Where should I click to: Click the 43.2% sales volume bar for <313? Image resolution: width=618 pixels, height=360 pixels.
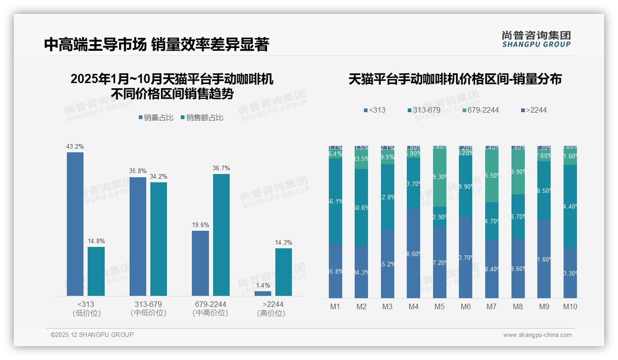[75, 224]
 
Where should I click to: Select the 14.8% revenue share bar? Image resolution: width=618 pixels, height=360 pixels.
[96, 271]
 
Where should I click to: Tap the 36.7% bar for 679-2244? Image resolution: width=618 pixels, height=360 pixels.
[221, 234]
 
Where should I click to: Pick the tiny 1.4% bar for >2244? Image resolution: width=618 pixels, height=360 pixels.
[263, 294]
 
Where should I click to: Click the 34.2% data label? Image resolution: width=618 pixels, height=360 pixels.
[158, 176]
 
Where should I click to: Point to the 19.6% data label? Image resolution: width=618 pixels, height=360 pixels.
[201, 225]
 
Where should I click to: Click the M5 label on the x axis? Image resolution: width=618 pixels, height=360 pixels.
[440, 306]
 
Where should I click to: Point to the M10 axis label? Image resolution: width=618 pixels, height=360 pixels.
[570, 306]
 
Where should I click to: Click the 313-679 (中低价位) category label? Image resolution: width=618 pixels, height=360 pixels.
[148, 308]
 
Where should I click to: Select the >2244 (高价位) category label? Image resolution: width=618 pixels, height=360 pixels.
[273, 308]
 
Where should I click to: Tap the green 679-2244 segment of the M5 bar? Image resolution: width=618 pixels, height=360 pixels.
[440, 176]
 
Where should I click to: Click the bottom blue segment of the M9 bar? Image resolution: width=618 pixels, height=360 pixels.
[544, 258]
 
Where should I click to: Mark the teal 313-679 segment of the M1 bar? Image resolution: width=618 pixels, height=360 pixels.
[335, 201]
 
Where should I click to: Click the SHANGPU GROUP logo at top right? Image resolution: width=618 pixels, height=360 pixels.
[536, 39]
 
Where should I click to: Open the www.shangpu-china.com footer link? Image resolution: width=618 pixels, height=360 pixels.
[537, 335]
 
